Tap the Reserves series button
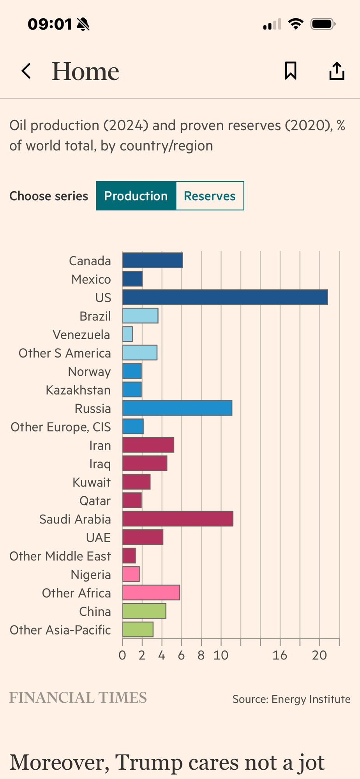(210, 196)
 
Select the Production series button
(136, 196)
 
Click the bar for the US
(225, 297)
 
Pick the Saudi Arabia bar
(178, 519)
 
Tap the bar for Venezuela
(127, 334)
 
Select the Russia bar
(177, 408)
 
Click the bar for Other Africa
(151, 592)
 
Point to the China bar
(144, 611)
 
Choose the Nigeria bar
(131, 574)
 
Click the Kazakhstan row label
(78, 390)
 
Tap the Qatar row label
(95, 501)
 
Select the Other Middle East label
(60, 556)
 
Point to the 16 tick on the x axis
(280, 656)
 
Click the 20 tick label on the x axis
(319, 656)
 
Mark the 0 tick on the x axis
(122, 656)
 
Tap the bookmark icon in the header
(291, 71)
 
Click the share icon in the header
(337, 71)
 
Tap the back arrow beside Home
(26, 71)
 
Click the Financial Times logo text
(78, 698)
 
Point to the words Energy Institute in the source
(311, 700)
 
